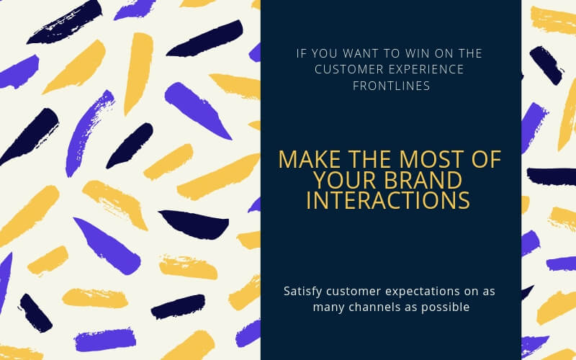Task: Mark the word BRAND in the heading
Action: [x=420, y=180]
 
